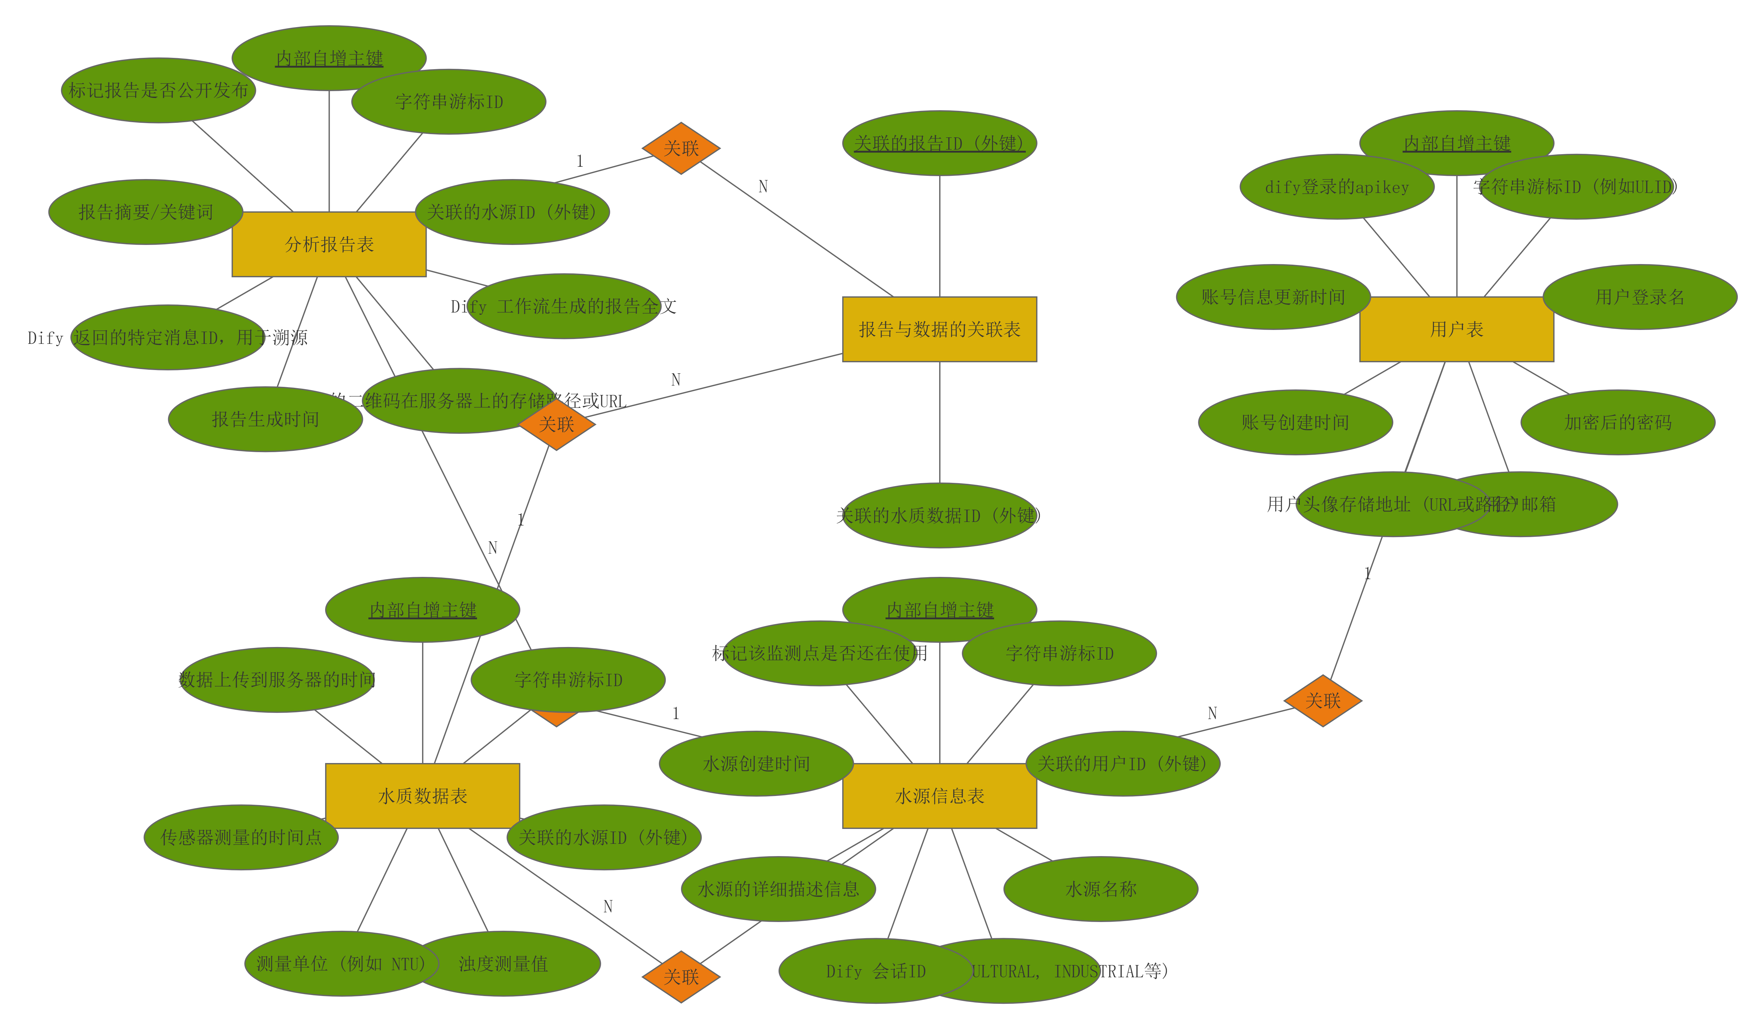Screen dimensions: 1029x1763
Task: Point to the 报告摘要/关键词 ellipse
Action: click(x=145, y=212)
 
